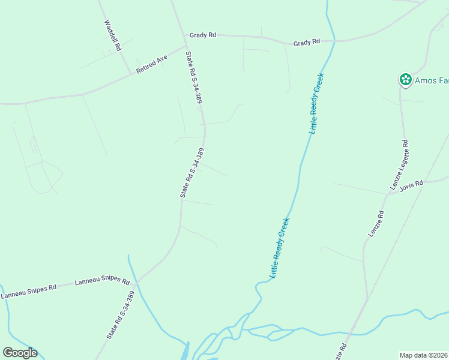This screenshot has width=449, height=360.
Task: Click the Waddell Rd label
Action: tap(113, 35)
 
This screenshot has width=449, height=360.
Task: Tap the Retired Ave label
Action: tap(152, 64)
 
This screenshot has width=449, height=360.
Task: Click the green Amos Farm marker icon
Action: tap(405, 79)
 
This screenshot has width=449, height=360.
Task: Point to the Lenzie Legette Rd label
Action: tap(400, 166)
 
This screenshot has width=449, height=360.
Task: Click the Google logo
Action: tap(20, 353)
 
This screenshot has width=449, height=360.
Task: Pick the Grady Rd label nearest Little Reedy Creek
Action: tap(306, 43)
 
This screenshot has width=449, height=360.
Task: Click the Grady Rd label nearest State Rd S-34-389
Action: tap(202, 35)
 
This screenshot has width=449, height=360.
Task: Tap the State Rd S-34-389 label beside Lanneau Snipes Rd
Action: tap(119, 316)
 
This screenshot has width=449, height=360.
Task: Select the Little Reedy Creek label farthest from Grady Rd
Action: tap(280, 247)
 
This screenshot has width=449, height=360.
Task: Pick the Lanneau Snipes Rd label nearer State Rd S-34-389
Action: tap(102, 281)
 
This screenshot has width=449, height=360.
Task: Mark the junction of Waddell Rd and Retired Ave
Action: tap(131, 74)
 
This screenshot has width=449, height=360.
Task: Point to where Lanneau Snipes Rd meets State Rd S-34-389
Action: tap(137, 281)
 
